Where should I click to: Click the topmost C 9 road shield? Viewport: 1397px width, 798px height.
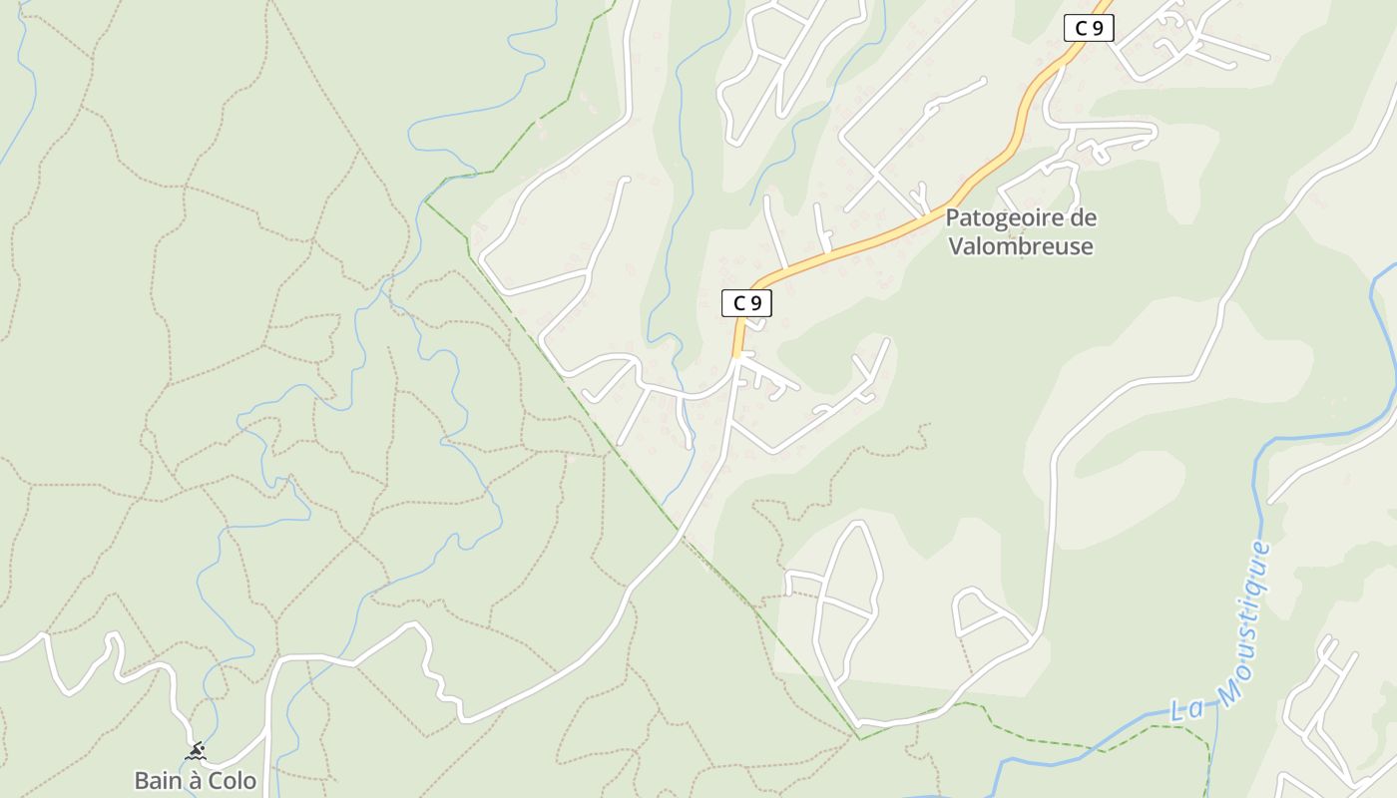coord(1089,28)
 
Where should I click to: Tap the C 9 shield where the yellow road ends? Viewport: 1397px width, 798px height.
coord(746,303)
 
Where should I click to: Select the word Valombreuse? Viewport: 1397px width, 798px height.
coord(1021,245)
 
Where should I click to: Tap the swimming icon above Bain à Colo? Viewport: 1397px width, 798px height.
coord(196,751)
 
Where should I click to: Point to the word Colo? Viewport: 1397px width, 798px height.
coord(233,780)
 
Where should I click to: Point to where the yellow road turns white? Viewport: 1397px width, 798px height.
coord(737,355)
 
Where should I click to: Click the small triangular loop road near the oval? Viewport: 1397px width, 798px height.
coord(988,614)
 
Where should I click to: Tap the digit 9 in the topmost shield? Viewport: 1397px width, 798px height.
coord(1097,28)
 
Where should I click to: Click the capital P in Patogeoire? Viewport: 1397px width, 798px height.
coord(952,217)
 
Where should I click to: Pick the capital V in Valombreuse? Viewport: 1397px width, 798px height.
coord(955,245)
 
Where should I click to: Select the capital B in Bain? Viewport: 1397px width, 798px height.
coord(142,780)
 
